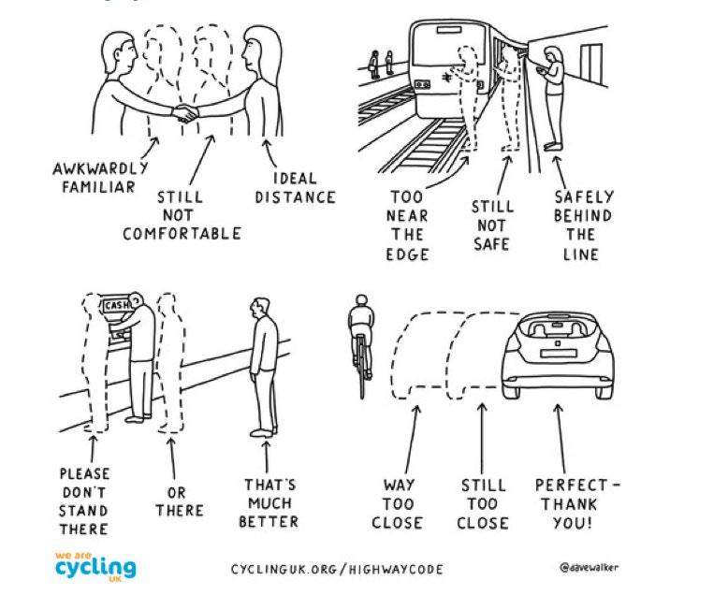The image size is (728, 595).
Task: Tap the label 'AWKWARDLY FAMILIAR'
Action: click(x=100, y=177)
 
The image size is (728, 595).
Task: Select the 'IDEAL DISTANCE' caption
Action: click(x=295, y=187)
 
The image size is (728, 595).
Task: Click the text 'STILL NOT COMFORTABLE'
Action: click(x=182, y=215)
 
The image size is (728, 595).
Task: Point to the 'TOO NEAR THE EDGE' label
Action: click(x=407, y=225)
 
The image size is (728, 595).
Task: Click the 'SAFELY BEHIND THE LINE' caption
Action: click(x=582, y=225)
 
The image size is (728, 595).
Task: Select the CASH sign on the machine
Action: click(x=116, y=305)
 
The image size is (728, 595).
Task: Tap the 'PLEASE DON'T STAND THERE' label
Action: click(x=84, y=501)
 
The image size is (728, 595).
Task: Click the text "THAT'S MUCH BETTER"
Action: click(x=269, y=502)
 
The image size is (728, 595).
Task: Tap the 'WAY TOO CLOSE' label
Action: click(x=398, y=502)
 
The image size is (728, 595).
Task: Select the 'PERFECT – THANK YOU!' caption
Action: click(x=576, y=502)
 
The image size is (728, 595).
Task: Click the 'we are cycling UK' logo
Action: click(x=95, y=565)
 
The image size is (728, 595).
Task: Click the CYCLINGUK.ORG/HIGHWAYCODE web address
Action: click(x=337, y=569)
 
